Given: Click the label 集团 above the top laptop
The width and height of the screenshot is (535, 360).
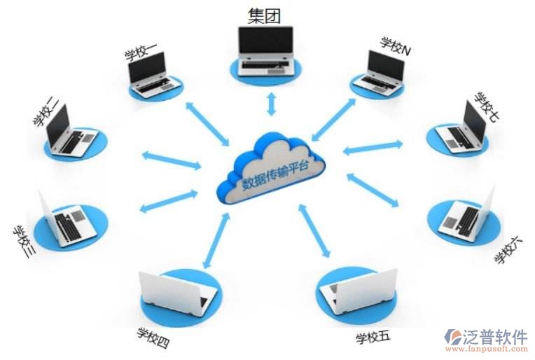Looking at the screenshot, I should (x=265, y=15).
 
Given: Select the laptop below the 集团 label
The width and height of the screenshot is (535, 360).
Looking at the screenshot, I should (x=266, y=52).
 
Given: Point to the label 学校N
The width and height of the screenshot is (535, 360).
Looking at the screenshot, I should (x=396, y=46).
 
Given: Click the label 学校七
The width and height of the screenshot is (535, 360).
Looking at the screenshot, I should (x=485, y=106).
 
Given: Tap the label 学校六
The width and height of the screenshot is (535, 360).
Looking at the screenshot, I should (x=508, y=250).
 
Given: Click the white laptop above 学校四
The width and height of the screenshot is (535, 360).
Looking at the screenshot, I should (x=176, y=291).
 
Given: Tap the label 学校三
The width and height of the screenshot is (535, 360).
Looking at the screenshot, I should (x=24, y=243).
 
